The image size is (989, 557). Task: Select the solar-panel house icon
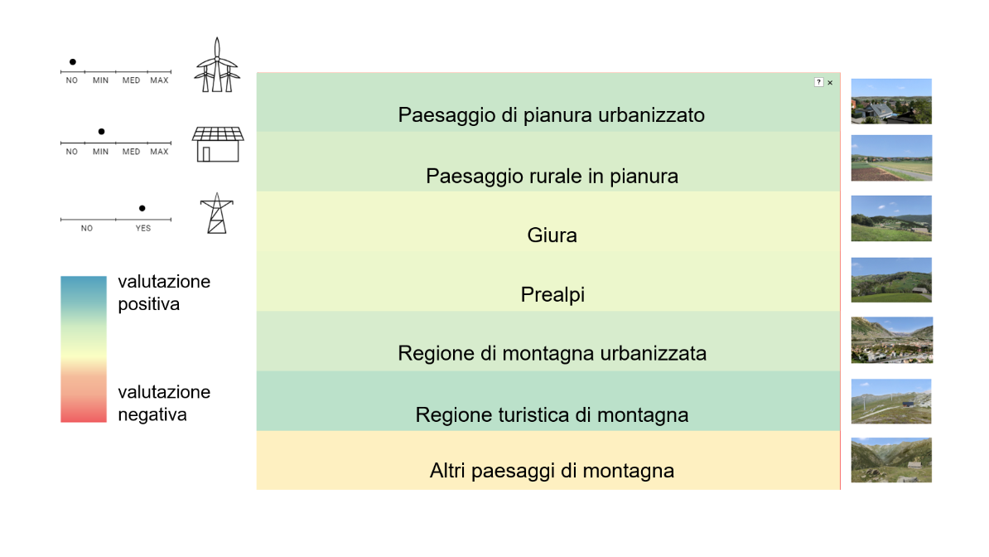coord(218,144)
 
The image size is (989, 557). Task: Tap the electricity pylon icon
coord(215,213)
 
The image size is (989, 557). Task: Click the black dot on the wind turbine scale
coord(73,62)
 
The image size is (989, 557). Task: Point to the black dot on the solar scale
coord(101,132)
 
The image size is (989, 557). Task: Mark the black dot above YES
coord(142,208)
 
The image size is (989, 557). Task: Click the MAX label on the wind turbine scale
coord(159,80)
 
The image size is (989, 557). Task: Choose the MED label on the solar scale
coord(131,152)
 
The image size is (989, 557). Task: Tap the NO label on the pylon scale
coord(87,228)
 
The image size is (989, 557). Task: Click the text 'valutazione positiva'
coord(164,293)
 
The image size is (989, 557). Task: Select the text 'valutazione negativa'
coord(164,403)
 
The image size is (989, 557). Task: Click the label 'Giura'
coord(552,235)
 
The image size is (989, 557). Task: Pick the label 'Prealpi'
coord(552,294)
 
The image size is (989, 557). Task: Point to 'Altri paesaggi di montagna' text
coord(552,471)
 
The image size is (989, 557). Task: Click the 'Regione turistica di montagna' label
coord(552,414)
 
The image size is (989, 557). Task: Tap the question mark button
coord(818,82)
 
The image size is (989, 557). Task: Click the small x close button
coord(830,82)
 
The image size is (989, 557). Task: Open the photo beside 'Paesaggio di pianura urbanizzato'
coord(891,101)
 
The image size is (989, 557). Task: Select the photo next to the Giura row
coord(891,218)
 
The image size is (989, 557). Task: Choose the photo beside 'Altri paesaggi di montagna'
coord(891,460)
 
